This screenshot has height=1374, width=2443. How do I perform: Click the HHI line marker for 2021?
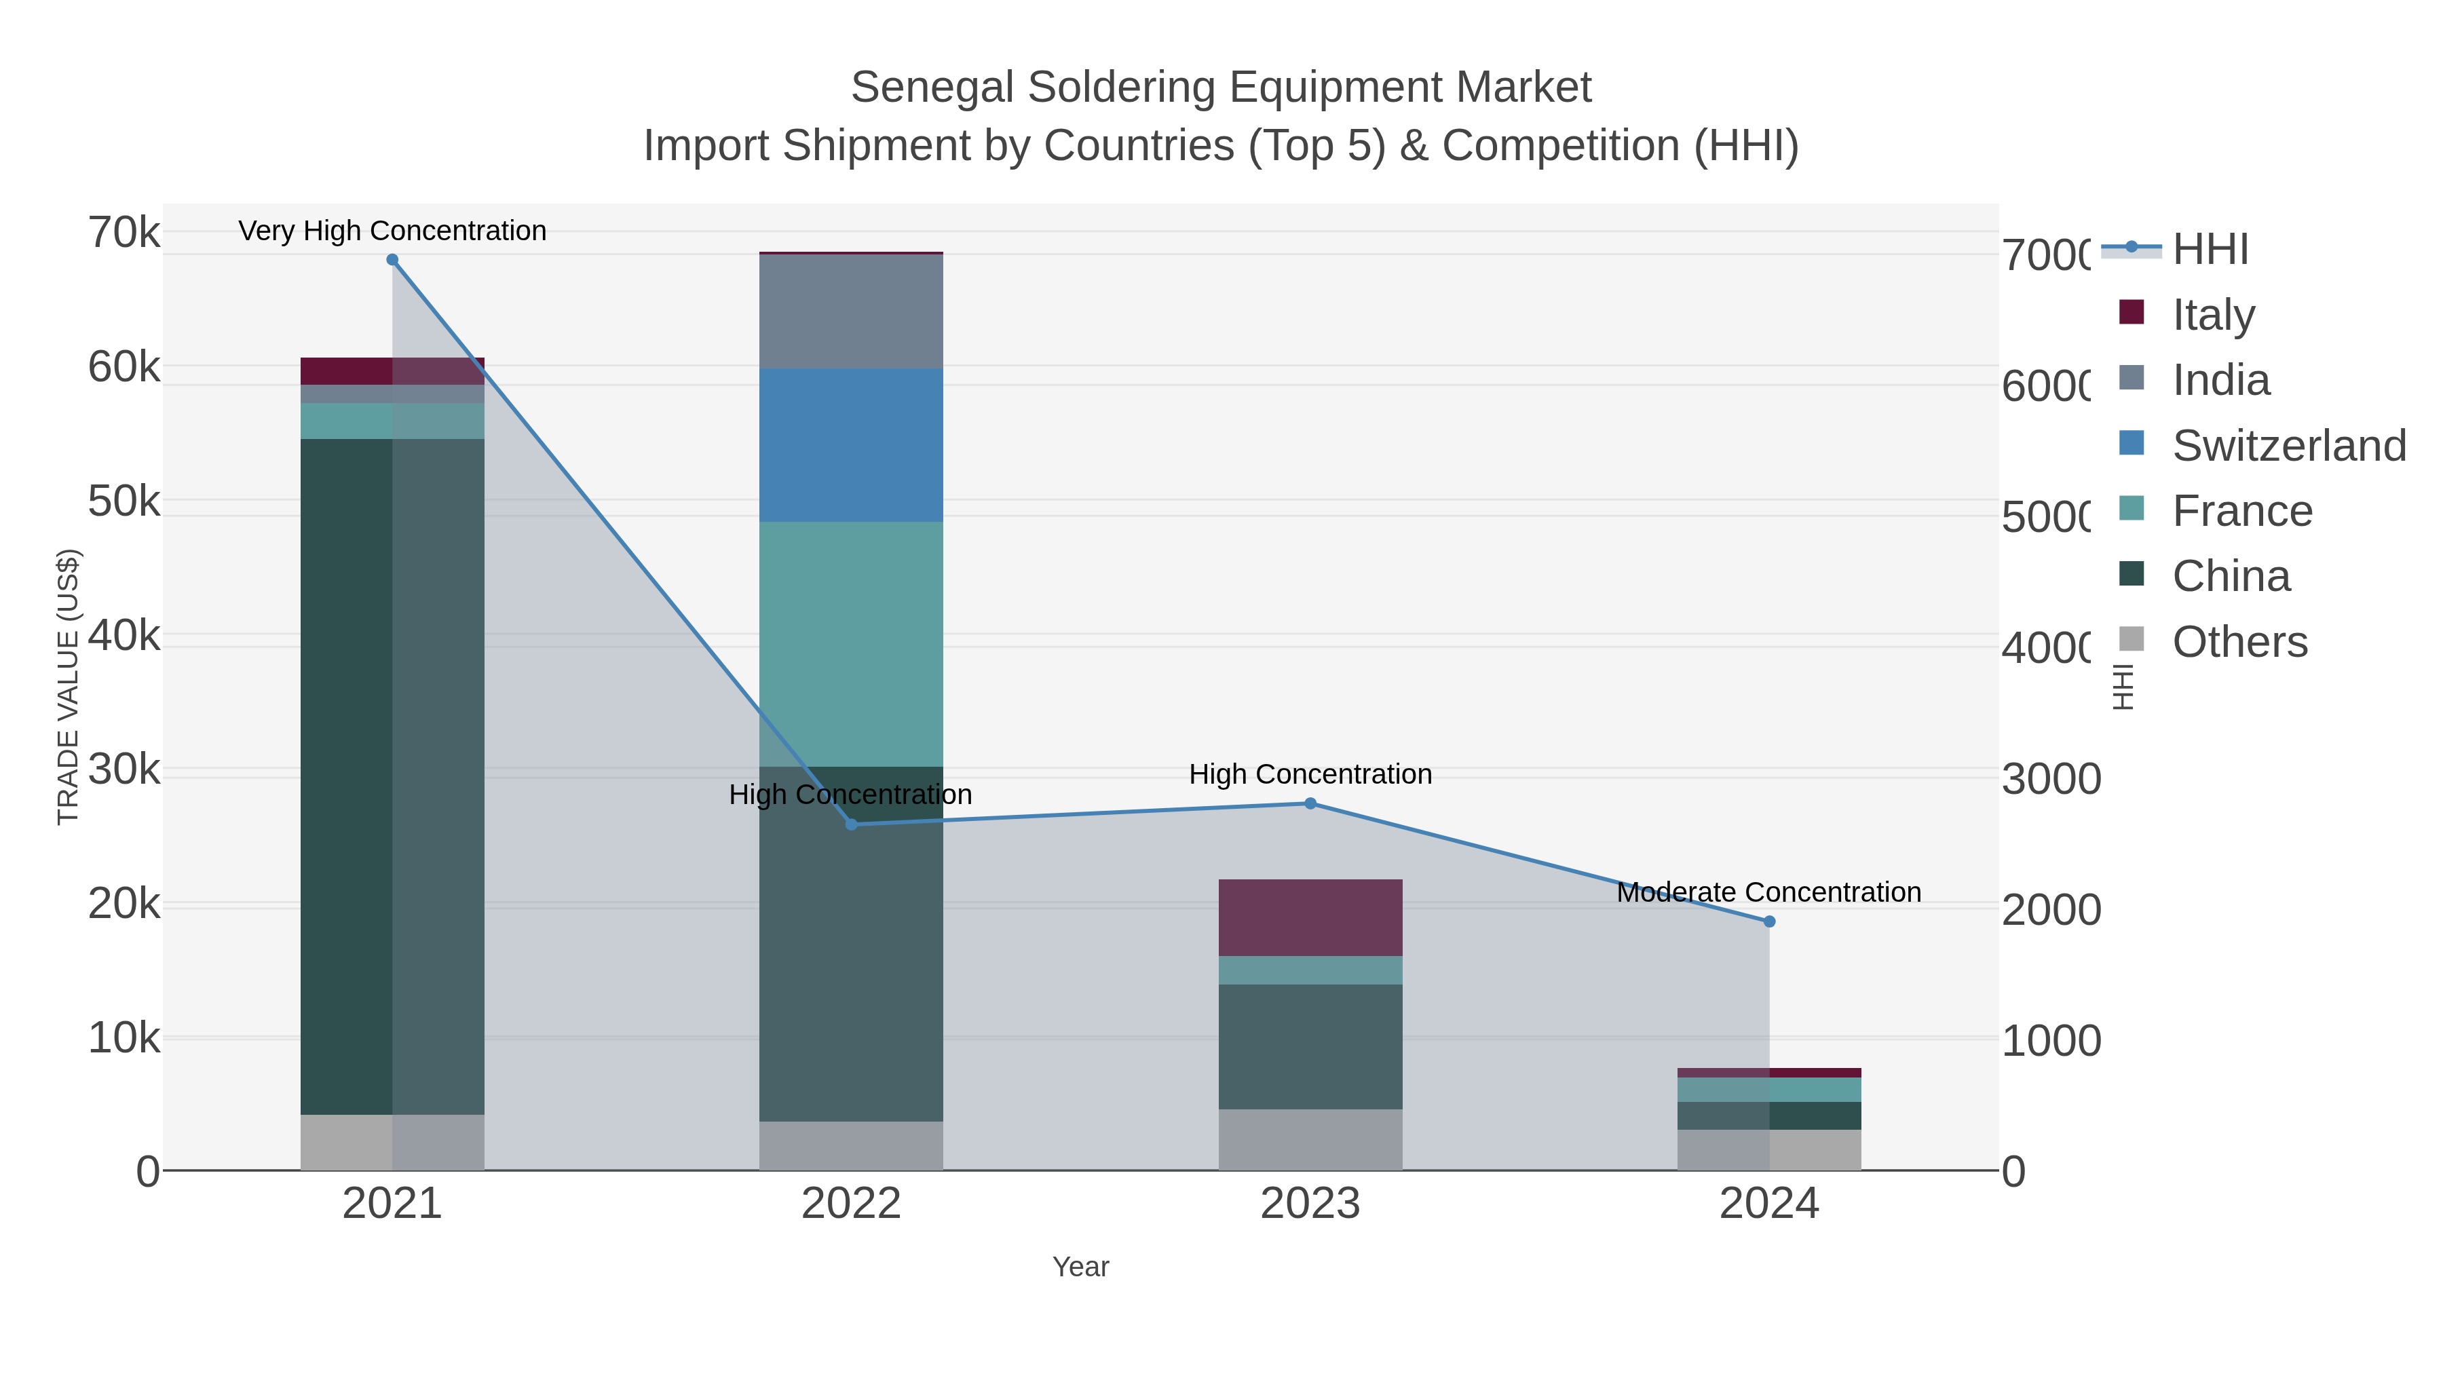(x=392, y=260)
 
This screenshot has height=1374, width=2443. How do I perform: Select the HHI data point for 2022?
(x=851, y=824)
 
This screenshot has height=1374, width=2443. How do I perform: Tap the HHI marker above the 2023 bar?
(x=1310, y=803)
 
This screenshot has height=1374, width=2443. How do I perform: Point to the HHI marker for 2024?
(x=1768, y=921)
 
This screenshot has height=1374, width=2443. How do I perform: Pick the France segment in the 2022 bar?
(x=851, y=644)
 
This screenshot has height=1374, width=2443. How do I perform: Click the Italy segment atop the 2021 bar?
(x=392, y=370)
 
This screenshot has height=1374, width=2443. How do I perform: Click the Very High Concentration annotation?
(x=392, y=231)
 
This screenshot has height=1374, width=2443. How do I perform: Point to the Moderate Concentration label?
(x=1768, y=892)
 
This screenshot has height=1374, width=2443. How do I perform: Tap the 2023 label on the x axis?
(x=1310, y=1203)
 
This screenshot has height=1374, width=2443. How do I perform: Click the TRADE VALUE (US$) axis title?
(x=69, y=687)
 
